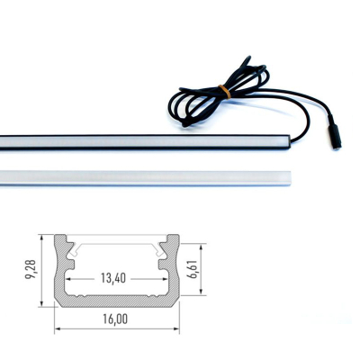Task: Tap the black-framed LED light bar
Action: coord(144,141)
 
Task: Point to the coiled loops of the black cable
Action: coord(207,90)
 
